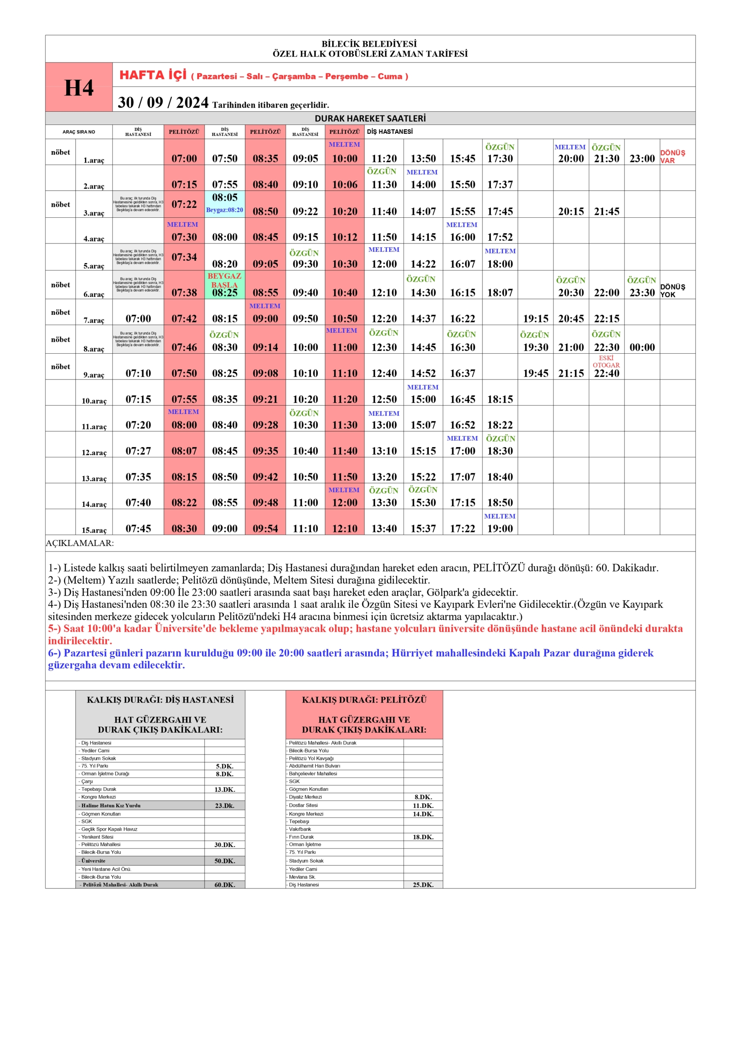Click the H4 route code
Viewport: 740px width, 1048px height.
click(79, 88)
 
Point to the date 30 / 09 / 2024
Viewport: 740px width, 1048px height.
click(163, 102)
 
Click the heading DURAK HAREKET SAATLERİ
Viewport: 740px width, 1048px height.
click(370, 118)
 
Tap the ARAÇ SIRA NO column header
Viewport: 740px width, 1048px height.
click(79, 132)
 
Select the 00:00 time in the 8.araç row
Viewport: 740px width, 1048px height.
click(642, 348)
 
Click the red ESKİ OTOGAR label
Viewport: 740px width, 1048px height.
click(606, 361)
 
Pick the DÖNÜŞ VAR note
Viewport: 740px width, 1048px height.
click(673, 156)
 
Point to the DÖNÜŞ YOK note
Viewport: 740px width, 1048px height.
click(673, 291)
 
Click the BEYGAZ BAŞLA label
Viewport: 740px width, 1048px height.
click(225, 280)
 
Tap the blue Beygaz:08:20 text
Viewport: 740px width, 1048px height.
click(225, 210)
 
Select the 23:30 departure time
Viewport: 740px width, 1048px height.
click(642, 293)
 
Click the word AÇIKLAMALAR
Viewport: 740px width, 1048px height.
click(80, 543)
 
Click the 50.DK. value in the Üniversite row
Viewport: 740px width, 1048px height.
click(225, 861)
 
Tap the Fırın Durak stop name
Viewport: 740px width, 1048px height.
click(301, 837)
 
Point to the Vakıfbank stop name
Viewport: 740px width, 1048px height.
click(300, 829)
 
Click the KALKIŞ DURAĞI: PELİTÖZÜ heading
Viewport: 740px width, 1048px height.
click(364, 700)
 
